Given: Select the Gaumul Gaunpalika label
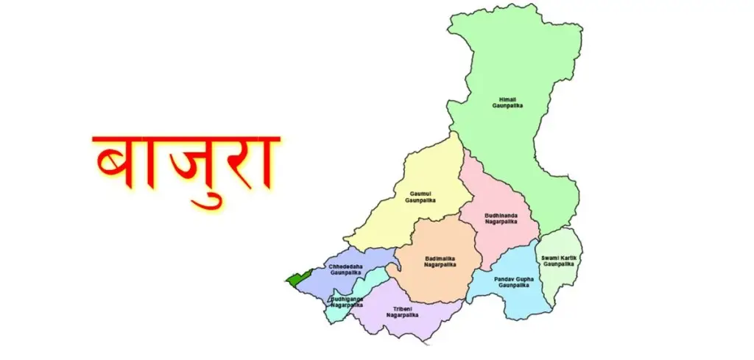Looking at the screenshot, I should (x=426, y=196).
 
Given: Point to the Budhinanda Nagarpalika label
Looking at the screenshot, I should (x=501, y=218).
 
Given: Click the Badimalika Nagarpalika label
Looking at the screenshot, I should (x=440, y=261).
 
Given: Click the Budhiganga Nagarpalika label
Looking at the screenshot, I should (x=347, y=302).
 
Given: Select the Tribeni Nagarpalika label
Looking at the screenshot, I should (x=402, y=311).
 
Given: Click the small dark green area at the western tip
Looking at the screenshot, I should (x=297, y=279).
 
